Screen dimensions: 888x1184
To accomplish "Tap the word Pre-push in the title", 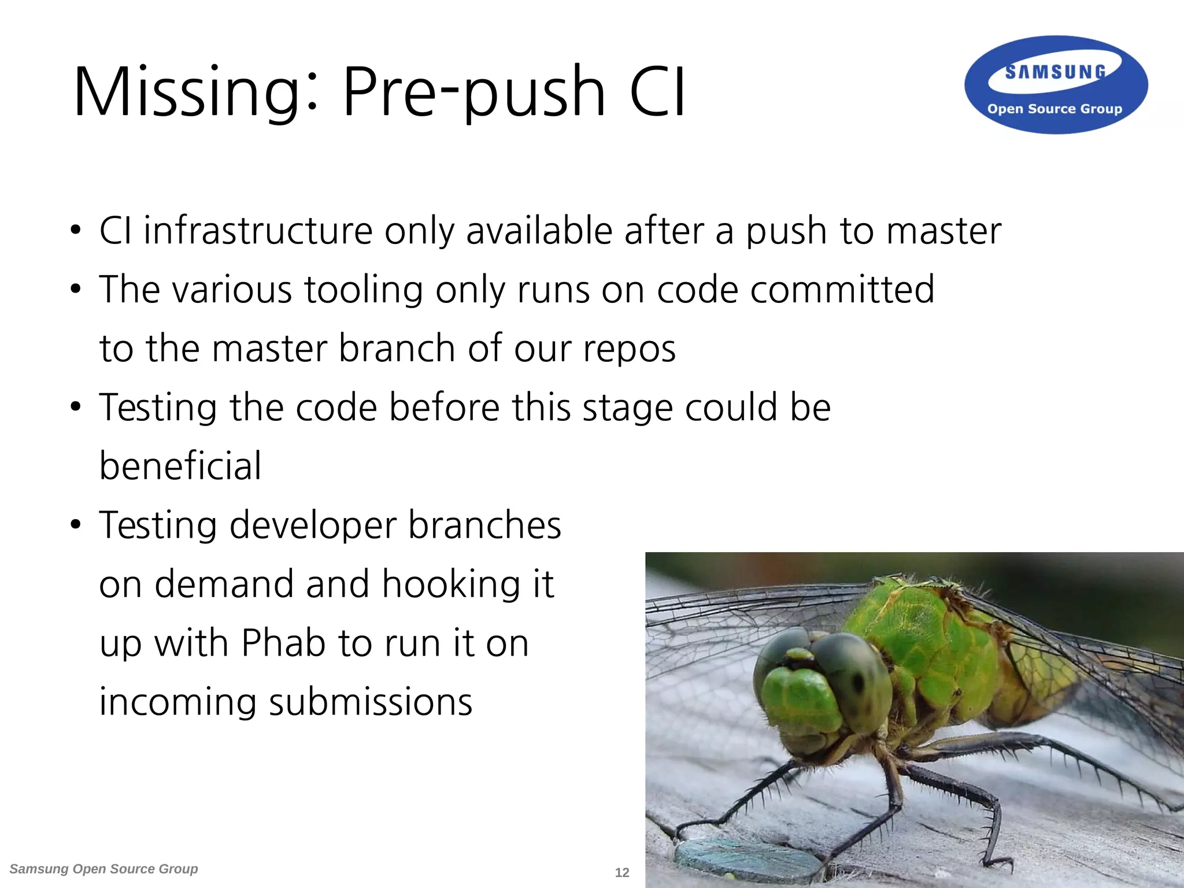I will click(x=473, y=92).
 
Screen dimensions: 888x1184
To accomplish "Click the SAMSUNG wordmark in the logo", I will click(x=1055, y=72).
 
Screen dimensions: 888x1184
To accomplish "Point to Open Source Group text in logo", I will click(x=1054, y=109).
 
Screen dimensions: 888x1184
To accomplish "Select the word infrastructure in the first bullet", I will click(x=258, y=231).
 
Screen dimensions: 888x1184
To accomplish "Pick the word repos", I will click(x=629, y=349).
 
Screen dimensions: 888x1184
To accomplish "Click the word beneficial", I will click(x=180, y=466).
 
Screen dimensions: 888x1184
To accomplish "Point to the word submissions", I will click(x=371, y=702).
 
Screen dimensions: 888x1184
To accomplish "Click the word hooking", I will click(x=451, y=584).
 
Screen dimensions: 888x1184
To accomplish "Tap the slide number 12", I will click(x=622, y=872).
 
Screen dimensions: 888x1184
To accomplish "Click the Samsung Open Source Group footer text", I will click(x=104, y=869).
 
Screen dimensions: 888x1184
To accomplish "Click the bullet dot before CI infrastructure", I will click(x=76, y=231).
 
